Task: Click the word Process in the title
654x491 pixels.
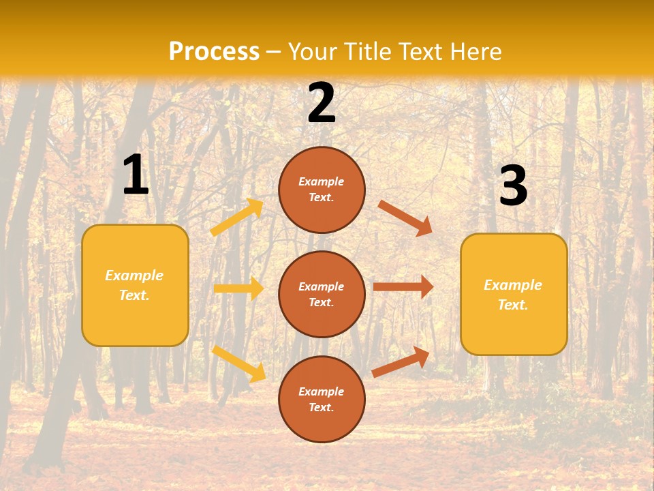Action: tap(214, 52)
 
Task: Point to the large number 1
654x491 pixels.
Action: tap(136, 175)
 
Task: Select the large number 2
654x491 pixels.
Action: tap(322, 103)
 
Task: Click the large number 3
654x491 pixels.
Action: tap(513, 186)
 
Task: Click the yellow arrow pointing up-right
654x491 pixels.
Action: tap(237, 218)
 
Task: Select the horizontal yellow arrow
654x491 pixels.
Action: tap(238, 288)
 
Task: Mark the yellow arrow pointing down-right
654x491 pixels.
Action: tap(238, 363)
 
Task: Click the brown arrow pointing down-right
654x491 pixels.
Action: tap(405, 218)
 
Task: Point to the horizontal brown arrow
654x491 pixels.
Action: tap(403, 287)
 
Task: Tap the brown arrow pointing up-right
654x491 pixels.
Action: tap(401, 361)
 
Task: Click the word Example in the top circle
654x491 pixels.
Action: tap(321, 182)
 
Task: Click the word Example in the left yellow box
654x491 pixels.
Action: tap(134, 276)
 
